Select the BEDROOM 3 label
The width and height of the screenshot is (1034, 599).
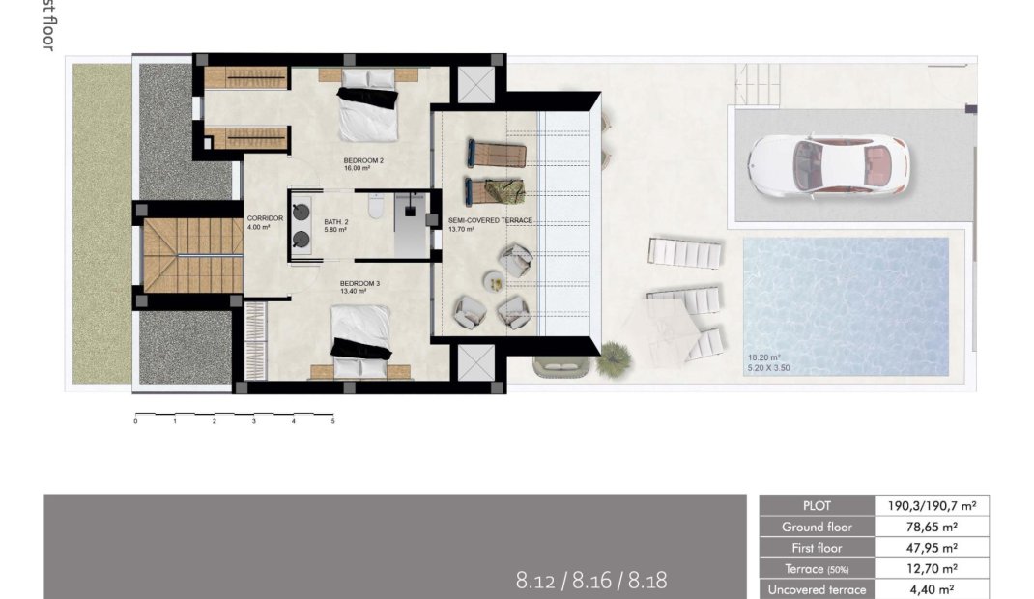(x=359, y=283)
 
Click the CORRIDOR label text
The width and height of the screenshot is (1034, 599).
(x=265, y=218)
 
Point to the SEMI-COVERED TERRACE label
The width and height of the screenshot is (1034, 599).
(x=490, y=220)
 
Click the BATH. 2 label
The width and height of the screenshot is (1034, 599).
(x=335, y=221)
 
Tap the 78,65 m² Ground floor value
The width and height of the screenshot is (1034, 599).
(x=932, y=528)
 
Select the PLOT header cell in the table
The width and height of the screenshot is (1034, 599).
(x=816, y=505)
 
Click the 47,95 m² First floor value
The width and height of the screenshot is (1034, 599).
(x=932, y=548)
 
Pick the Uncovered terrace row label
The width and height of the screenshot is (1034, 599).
(x=816, y=589)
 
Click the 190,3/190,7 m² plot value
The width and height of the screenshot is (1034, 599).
(x=932, y=505)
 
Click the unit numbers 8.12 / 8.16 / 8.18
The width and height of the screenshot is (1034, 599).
(x=591, y=581)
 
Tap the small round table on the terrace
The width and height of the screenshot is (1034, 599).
(x=494, y=283)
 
